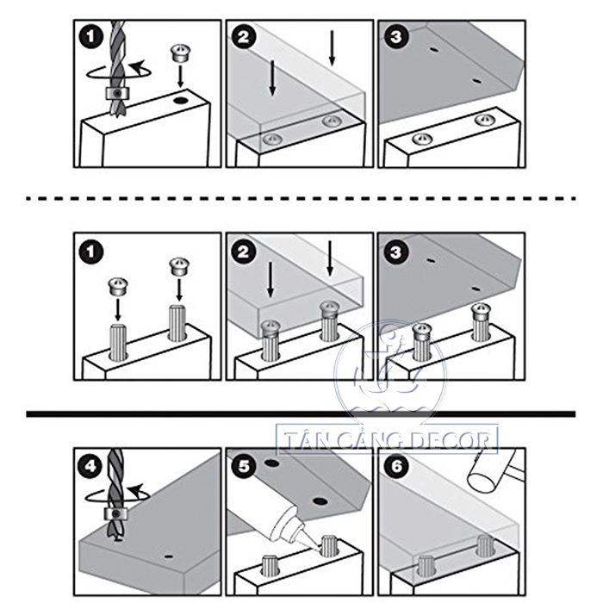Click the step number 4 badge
click(90, 467)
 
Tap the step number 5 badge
click(244, 467)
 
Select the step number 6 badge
click(396, 467)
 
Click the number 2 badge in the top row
click(244, 37)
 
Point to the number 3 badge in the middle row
click(396, 252)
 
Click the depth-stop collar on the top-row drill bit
click(117, 93)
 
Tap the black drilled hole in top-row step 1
click(180, 101)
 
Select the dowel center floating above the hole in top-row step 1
click(179, 53)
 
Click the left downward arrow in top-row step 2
click(272, 78)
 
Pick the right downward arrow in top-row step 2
click(332, 48)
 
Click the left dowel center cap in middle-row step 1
click(118, 286)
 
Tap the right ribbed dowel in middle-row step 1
click(177, 323)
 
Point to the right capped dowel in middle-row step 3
click(482, 322)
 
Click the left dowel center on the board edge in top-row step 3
click(422, 139)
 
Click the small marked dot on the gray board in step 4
click(168, 556)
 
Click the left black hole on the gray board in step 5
click(272, 463)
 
